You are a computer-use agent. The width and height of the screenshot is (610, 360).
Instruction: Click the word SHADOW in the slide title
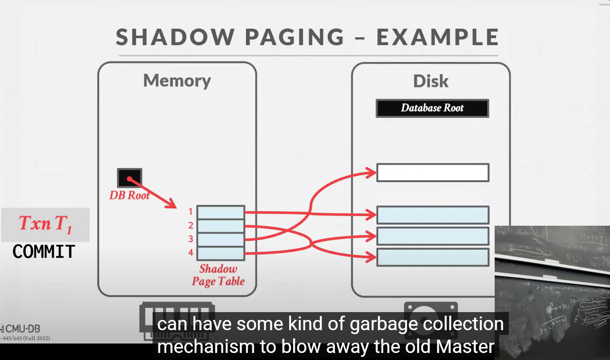(175, 37)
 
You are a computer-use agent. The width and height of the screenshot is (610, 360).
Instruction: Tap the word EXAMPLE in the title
(437, 37)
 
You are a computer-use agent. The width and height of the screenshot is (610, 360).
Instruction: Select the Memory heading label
(177, 81)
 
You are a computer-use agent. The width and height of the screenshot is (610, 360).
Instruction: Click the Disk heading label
(431, 81)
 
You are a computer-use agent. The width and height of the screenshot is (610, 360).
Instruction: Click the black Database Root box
(432, 108)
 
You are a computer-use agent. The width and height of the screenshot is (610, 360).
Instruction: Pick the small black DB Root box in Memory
(129, 178)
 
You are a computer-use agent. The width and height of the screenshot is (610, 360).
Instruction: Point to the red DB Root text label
(129, 196)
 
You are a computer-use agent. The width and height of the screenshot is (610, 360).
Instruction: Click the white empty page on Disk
(433, 173)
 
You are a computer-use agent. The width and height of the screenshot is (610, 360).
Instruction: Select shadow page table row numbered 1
(221, 212)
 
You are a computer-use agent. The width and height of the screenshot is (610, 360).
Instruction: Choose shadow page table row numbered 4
(221, 253)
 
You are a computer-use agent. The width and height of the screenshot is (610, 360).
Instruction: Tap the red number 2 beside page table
(191, 225)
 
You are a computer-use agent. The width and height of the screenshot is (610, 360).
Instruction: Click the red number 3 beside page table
(191, 239)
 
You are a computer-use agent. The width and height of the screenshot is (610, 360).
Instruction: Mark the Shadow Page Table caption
(218, 275)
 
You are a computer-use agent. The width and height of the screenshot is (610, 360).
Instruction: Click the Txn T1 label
(46, 224)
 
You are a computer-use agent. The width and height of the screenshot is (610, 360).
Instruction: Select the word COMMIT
(44, 252)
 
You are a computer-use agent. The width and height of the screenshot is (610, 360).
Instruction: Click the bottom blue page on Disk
(433, 258)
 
